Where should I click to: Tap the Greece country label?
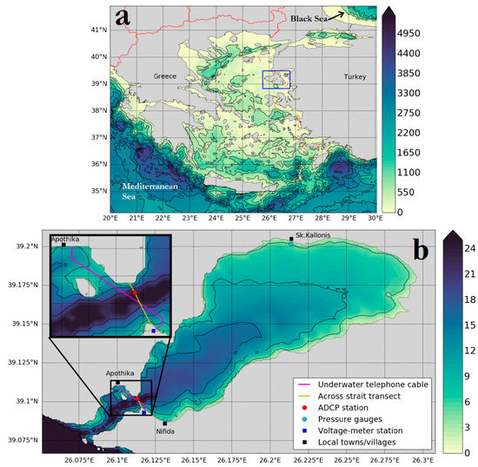(x=165, y=76)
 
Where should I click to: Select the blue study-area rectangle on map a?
(x=276, y=79)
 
